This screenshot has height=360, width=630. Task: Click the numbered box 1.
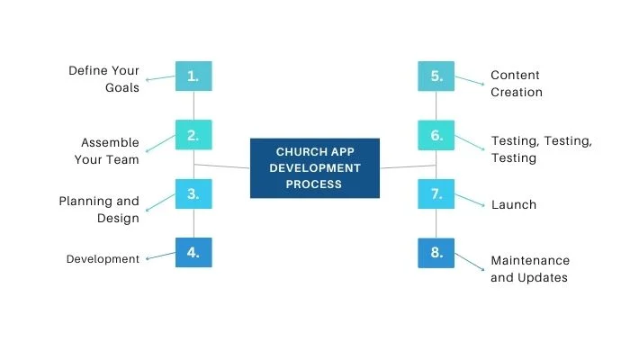pyautogui.click(x=193, y=76)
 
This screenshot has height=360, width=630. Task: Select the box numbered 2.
pyautogui.click(x=193, y=135)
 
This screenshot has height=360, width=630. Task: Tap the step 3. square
pyautogui.click(x=193, y=193)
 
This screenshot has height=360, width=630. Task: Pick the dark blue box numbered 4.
pyautogui.click(x=193, y=253)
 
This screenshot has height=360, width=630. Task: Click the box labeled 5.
pyautogui.click(x=436, y=76)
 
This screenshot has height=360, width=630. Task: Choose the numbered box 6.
pyautogui.click(x=436, y=135)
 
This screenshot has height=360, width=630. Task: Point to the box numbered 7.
pyautogui.click(x=436, y=193)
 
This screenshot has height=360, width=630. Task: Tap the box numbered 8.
pyautogui.click(x=436, y=253)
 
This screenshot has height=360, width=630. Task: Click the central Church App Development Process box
pyautogui.click(x=314, y=168)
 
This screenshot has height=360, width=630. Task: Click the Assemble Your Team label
pyautogui.click(x=110, y=151)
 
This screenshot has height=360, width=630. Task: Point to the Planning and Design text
pyautogui.click(x=99, y=210)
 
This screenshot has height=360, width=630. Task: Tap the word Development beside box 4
pyautogui.click(x=103, y=259)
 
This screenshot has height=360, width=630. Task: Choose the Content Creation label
pyautogui.click(x=517, y=84)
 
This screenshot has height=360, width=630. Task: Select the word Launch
pyautogui.click(x=513, y=205)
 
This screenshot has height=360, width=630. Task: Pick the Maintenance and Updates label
pyautogui.click(x=529, y=269)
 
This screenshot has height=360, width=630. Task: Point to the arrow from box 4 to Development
pyautogui.click(x=160, y=256)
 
